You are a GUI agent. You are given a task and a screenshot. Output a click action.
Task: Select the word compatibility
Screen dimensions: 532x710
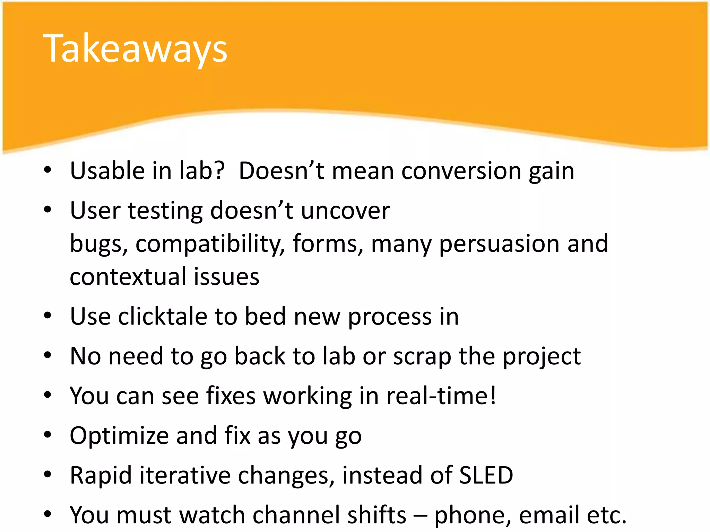210,244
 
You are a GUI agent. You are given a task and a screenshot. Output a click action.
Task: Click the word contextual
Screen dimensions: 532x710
128,276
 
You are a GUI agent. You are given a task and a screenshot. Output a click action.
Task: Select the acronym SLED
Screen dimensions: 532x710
486,475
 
